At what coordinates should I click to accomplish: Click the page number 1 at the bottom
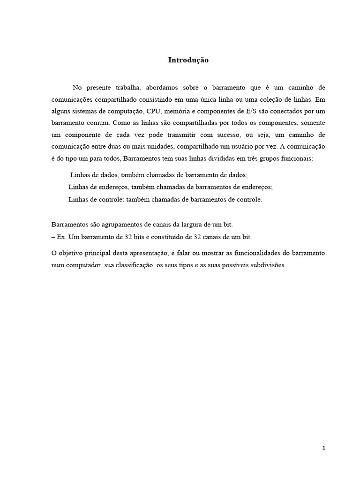pyautogui.click(x=323, y=448)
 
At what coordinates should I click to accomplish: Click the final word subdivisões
pyautogui.click(x=263, y=264)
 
